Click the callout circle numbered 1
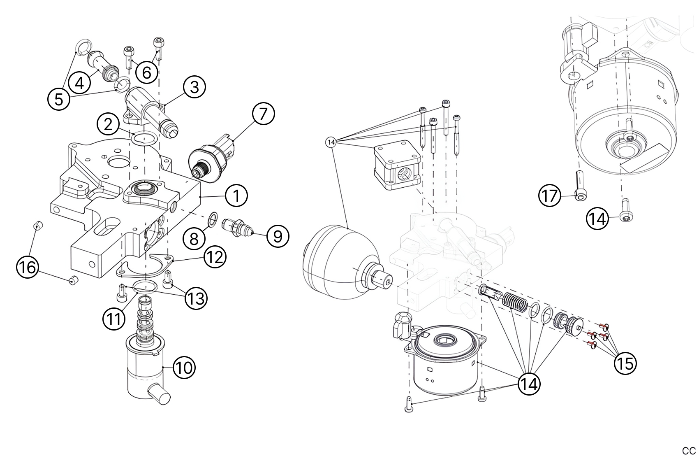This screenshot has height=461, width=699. [x=236, y=196]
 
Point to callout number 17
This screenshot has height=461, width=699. [x=550, y=196]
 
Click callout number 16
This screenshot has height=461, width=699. [x=27, y=268]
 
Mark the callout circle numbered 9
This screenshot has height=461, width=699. [x=278, y=236]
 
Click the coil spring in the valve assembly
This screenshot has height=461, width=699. [x=515, y=305]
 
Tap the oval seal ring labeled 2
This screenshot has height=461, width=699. [x=143, y=139]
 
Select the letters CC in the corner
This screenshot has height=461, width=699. [x=689, y=450]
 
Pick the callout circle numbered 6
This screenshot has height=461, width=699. [x=147, y=72]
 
